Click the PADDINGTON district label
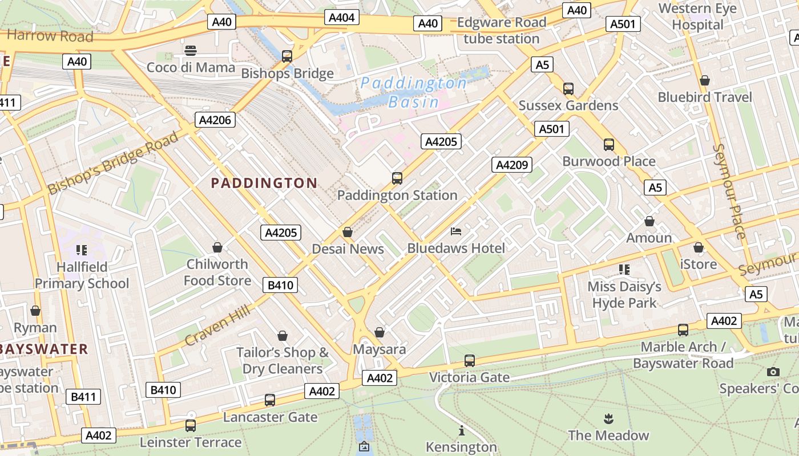(264, 183)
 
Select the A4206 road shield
(215, 120)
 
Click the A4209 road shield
(512, 165)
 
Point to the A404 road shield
(342, 18)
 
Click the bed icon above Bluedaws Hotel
(456, 231)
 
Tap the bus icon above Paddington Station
(397, 178)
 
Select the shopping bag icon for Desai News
(347, 232)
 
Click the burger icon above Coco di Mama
(191, 51)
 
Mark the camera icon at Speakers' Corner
(773, 372)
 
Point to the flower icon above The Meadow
(608, 419)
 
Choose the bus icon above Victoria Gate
(469, 360)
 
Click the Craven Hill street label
(217, 325)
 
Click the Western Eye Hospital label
(697, 17)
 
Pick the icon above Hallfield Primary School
(81, 250)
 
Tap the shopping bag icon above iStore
(698, 248)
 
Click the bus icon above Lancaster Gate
(270, 400)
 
